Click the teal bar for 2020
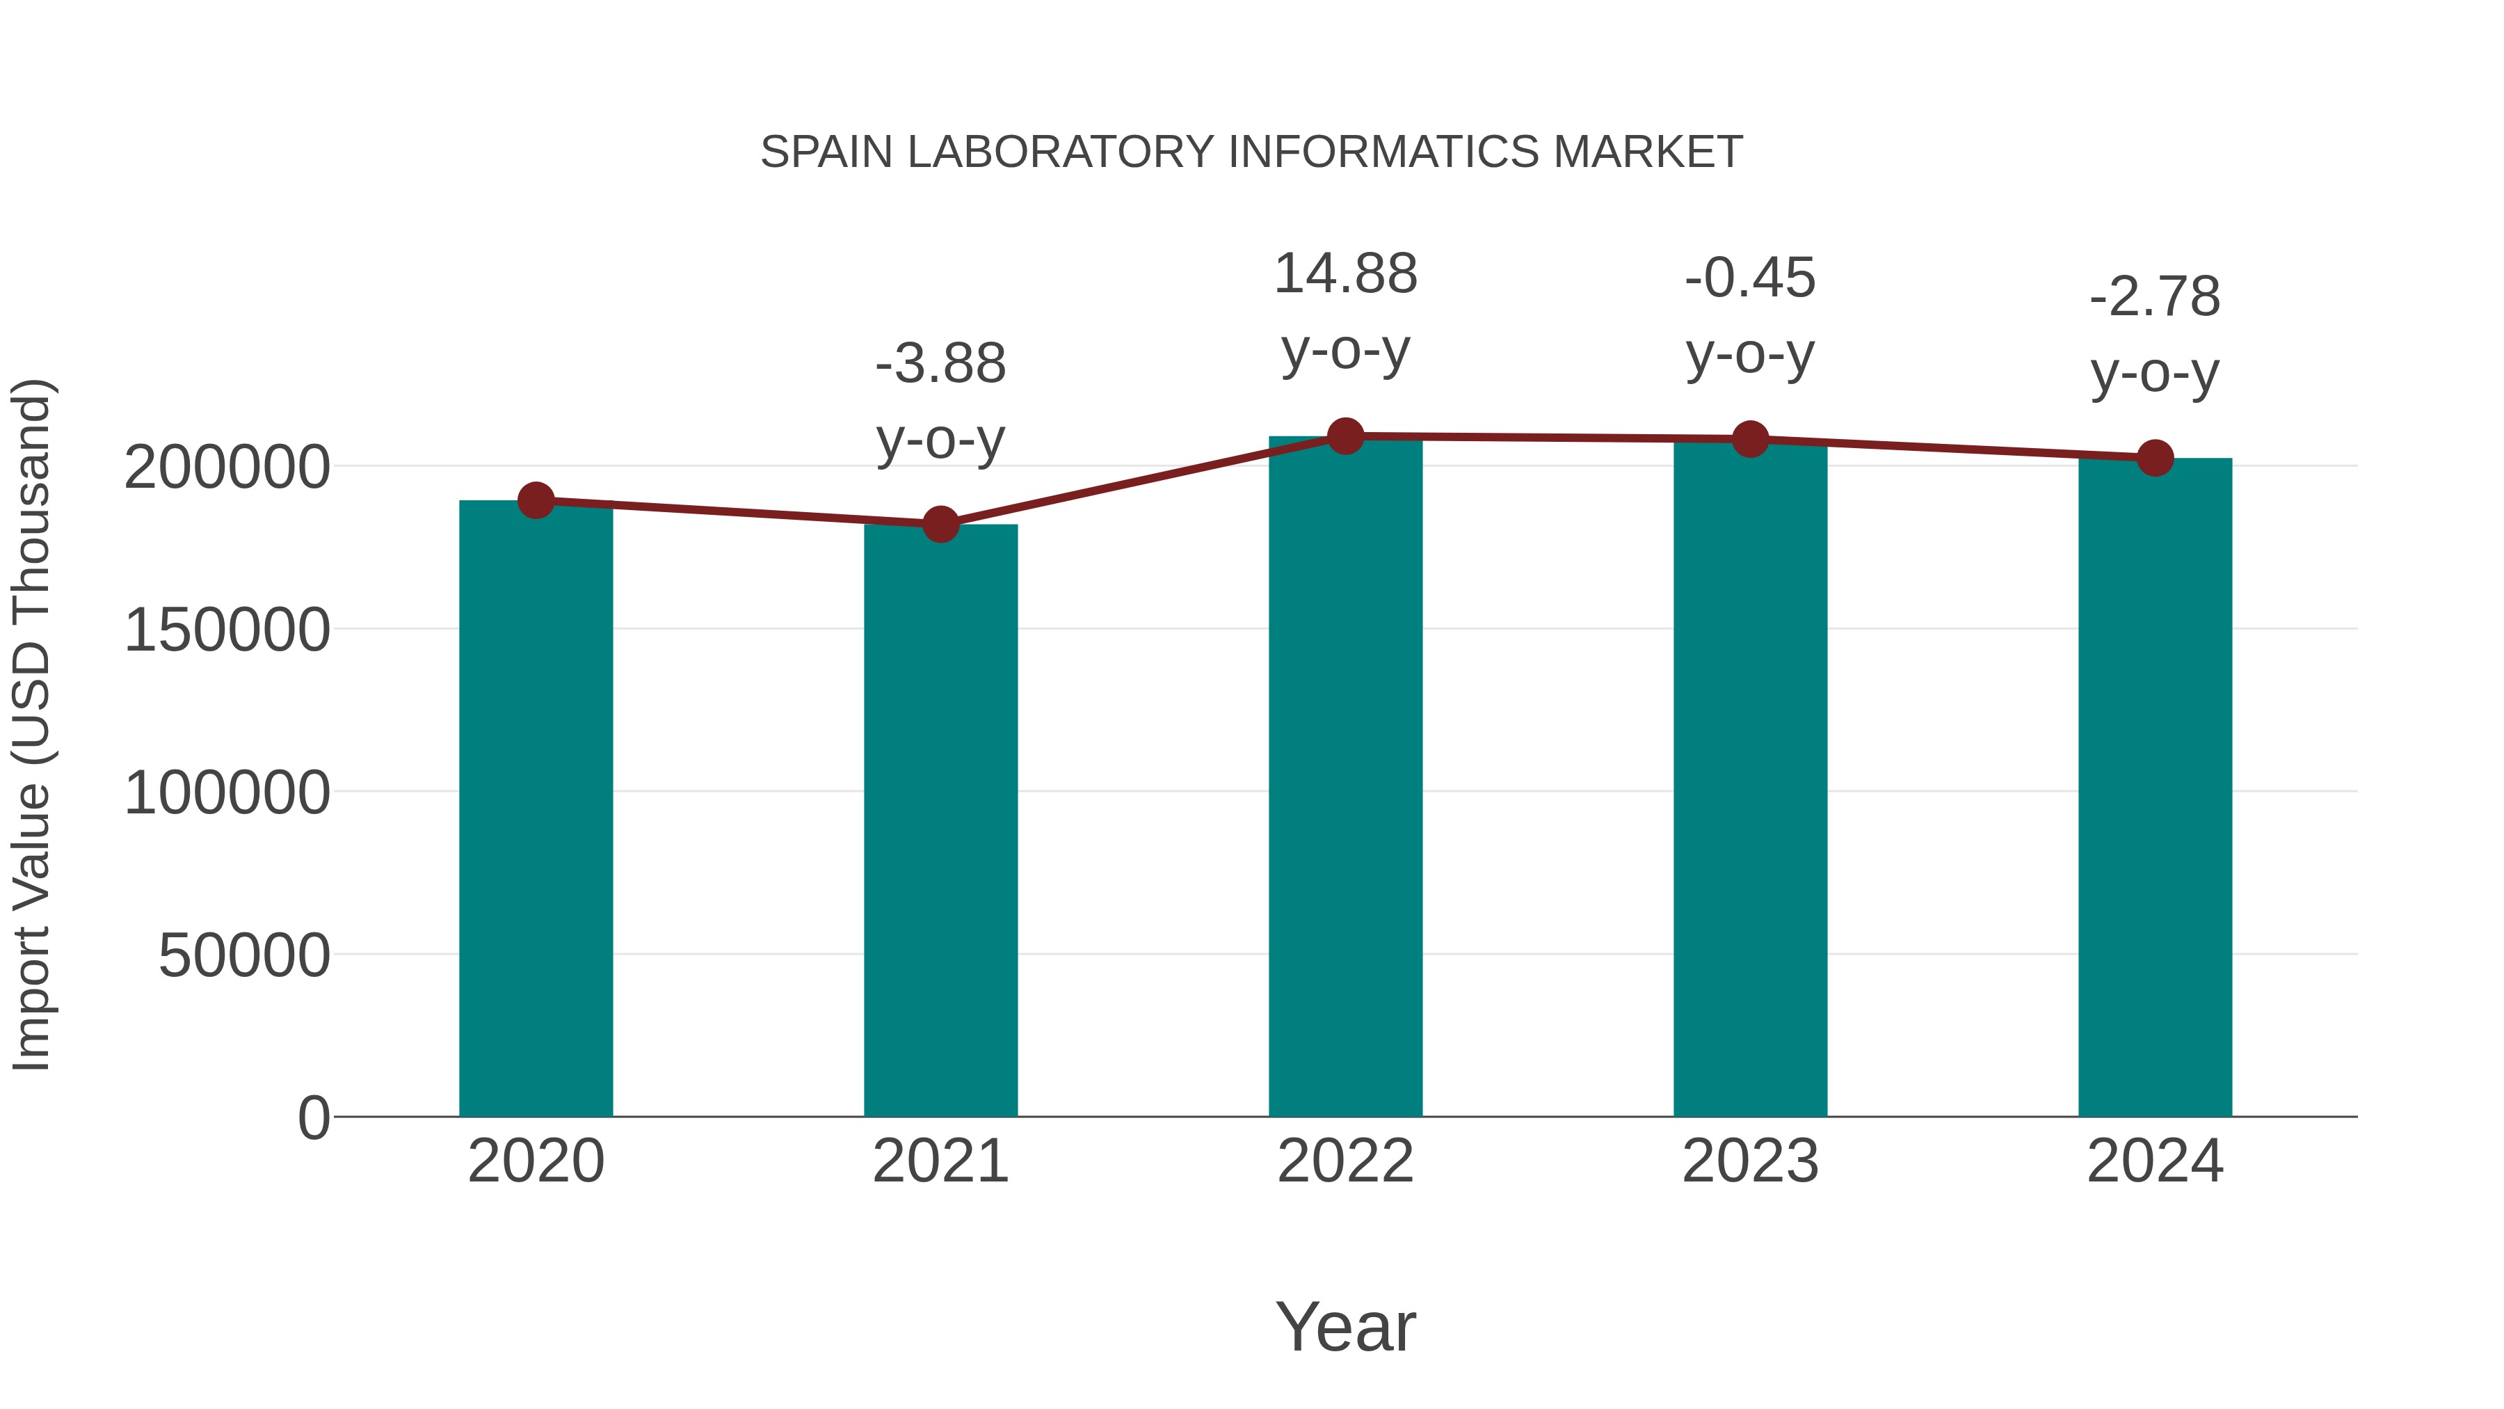[536, 807]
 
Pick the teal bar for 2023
[1750, 778]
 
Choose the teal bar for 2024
[2155, 787]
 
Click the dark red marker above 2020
[536, 501]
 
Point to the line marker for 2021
[940, 524]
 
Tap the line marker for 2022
[1345, 436]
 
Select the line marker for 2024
[2155, 457]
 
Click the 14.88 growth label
[1345, 274]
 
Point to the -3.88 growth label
[940, 365]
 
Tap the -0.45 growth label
[1750, 279]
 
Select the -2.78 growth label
[2155, 298]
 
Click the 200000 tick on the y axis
[227, 468]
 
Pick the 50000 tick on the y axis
[244, 956]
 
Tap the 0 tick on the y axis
[313, 1118]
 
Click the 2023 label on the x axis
[1750, 1161]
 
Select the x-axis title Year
[1345, 1326]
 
